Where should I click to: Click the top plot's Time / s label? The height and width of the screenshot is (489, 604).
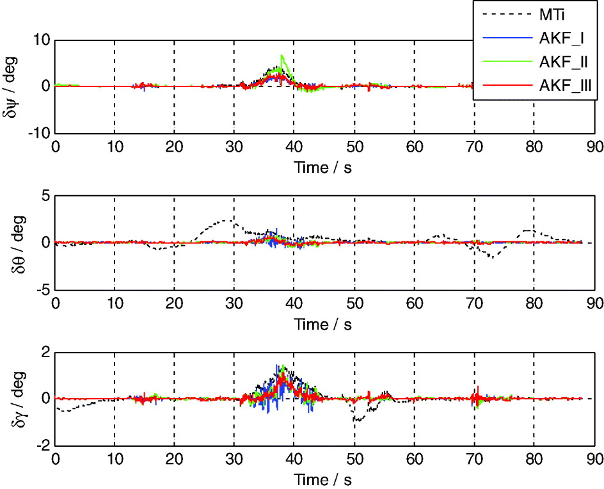pyautogui.click(x=323, y=168)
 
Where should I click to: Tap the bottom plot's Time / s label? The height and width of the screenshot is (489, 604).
pyautogui.click(x=323, y=479)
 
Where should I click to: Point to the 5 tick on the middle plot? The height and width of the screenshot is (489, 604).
pyautogui.click(x=45, y=196)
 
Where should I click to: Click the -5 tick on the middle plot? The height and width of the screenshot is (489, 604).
pyautogui.click(x=42, y=289)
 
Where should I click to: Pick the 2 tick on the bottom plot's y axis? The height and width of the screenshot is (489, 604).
pyautogui.click(x=45, y=352)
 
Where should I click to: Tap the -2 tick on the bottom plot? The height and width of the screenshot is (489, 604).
pyautogui.click(x=42, y=445)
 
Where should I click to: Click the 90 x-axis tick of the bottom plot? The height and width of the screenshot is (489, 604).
pyautogui.click(x=594, y=459)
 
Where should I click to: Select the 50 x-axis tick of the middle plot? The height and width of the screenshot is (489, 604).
pyautogui.click(x=354, y=303)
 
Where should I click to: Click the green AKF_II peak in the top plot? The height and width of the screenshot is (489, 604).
pyautogui.click(x=282, y=56)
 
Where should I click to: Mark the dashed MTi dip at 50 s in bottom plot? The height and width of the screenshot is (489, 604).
pyautogui.click(x=356, y=420)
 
